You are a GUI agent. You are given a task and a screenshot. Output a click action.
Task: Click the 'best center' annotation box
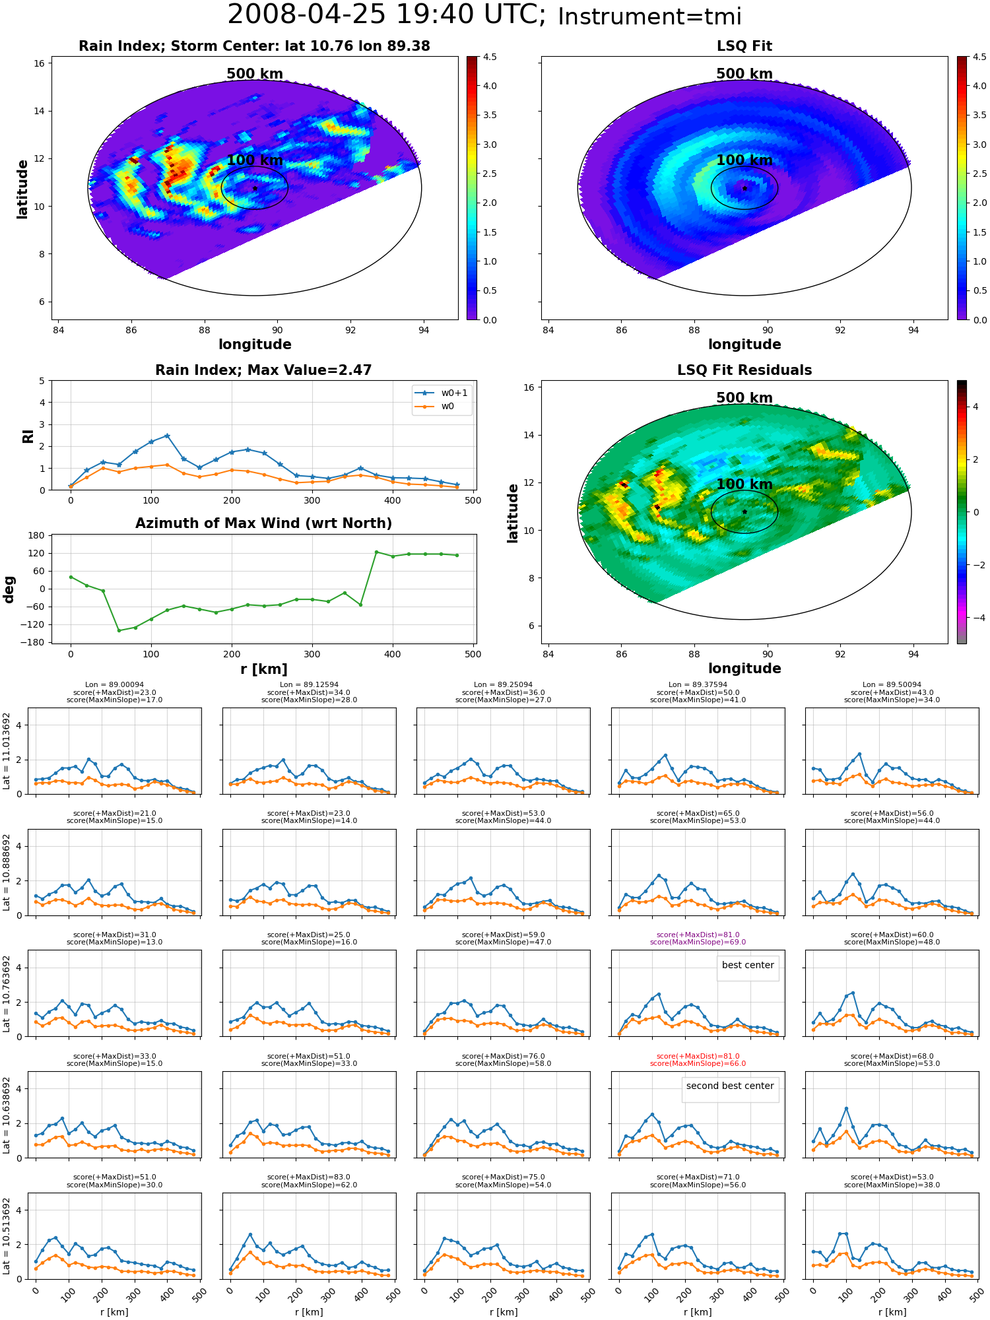tap(748, 968)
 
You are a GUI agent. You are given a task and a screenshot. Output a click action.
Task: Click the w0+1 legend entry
tap(442, 393)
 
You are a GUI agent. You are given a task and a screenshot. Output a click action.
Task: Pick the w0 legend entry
tap(435, 407)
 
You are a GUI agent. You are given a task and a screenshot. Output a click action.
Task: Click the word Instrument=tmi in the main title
tap(649, 17)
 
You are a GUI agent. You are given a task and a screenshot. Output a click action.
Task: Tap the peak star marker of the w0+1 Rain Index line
tap(167, 436)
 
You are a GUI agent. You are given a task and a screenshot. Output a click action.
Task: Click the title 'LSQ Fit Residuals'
tap(744, 370)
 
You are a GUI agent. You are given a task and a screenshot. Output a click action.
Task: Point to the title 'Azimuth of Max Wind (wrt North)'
tap(263, 523)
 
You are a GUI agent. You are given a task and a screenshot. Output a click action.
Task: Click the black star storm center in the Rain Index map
tap(255, 188)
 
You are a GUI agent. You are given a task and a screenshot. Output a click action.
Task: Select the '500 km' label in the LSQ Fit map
tap(744, 74)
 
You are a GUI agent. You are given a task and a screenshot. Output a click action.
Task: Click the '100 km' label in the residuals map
tap(744, 484)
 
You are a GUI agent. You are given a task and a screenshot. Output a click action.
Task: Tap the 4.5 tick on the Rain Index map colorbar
tap(490, 57)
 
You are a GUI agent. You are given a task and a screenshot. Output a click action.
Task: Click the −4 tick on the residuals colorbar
tap(975, 618)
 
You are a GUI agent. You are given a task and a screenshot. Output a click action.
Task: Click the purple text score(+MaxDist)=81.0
tap(698, 935)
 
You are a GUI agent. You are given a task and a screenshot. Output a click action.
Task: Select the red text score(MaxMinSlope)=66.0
tap(698, 1064)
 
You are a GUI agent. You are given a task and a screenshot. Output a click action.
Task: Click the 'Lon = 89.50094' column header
tap(892, 685)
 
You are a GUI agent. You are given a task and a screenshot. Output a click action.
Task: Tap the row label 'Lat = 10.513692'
tap(7, 1237)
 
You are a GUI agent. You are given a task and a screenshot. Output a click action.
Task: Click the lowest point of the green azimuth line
tap(119, 630)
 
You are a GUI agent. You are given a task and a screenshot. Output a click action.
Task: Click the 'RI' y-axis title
tap(28, 436)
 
